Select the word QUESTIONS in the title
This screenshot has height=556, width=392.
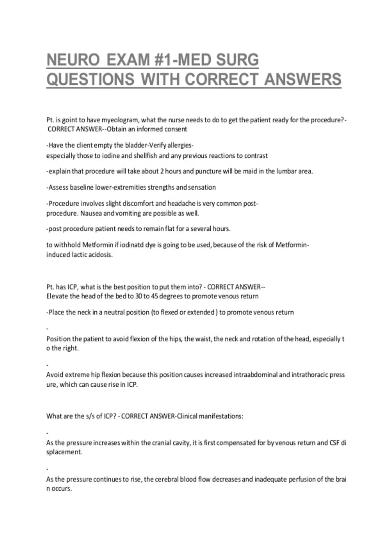coord(90,79)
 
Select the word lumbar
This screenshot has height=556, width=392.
coord(286,171)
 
